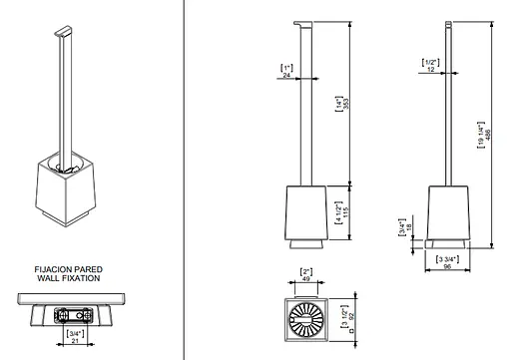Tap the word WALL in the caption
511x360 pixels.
tap(48, 278)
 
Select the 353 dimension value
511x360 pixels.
tap(346, 104)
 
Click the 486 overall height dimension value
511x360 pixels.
tap(488, 134)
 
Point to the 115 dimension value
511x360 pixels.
tap(346, 212)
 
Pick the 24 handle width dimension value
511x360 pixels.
tap(286, 76)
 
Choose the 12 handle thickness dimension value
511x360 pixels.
tap(430, 70)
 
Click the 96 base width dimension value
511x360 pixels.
tap(447, 266)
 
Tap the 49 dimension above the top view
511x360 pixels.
tap(306, 279)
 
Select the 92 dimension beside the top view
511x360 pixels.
tap(352, 315)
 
